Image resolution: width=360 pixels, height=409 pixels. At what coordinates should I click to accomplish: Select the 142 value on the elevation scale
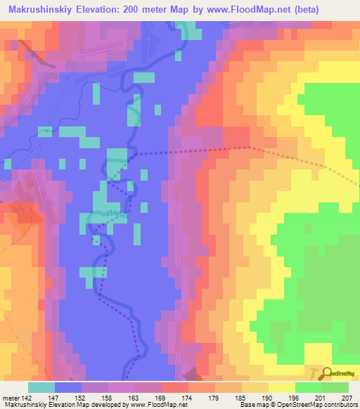click(27, 397)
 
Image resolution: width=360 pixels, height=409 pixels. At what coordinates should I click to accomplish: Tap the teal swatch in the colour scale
click(41, 387)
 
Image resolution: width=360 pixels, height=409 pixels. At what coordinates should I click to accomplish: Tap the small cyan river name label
click(117, 215)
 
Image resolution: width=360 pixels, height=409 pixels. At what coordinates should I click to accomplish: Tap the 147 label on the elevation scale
click(62, 397)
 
